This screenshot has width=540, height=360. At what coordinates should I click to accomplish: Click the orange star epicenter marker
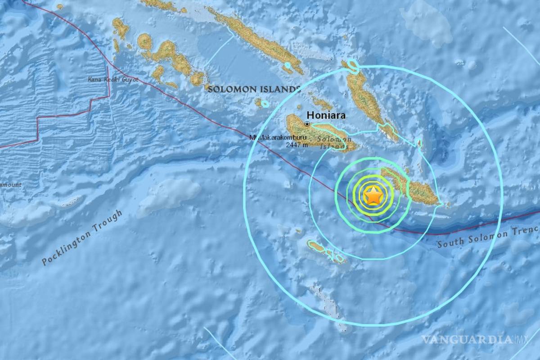373,196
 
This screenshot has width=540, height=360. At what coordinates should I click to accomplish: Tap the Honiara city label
326,115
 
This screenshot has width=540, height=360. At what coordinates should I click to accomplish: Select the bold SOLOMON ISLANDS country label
254,89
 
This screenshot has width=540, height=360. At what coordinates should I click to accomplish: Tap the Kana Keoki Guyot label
113,80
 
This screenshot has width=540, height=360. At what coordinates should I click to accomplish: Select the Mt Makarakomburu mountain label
278,137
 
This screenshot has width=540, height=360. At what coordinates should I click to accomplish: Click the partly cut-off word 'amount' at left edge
11,184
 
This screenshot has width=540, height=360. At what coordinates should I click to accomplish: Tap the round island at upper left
144,42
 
